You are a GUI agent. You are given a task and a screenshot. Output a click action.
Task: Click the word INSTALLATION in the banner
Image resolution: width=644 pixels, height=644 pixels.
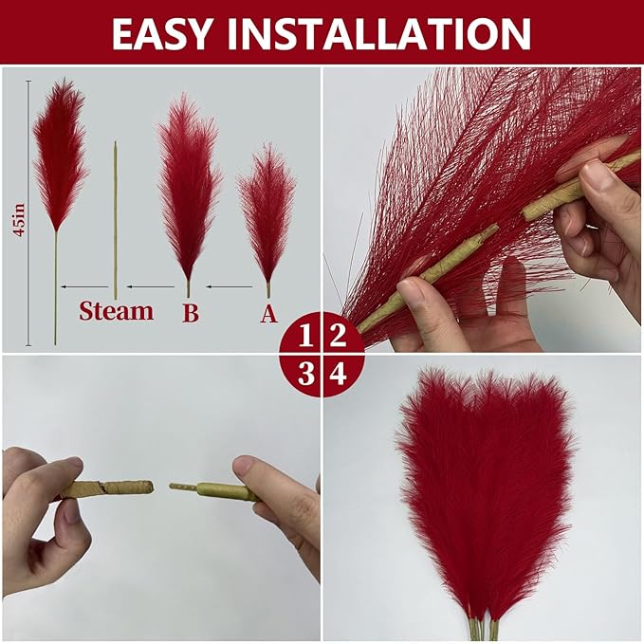384,33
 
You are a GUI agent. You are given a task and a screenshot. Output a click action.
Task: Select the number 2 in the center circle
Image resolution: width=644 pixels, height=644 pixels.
339,336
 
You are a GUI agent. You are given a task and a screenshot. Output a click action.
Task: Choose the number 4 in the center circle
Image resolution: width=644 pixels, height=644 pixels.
339,373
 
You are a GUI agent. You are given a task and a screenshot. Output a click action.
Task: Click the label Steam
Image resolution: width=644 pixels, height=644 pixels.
116,311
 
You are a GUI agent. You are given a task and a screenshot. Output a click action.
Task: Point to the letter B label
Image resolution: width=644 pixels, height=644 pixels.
190,313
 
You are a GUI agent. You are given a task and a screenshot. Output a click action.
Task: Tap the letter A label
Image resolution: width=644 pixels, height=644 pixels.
268,313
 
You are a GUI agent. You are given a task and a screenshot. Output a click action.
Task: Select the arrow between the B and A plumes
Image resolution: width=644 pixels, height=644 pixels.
229,285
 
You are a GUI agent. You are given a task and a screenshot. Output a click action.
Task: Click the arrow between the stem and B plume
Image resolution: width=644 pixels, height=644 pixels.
152,285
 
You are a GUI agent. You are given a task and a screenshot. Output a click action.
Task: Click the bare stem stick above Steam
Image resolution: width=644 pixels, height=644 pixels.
116,218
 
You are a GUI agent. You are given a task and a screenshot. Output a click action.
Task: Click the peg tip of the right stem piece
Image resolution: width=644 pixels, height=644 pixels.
180,487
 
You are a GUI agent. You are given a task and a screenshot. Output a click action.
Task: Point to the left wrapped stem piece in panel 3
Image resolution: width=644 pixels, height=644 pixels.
104,488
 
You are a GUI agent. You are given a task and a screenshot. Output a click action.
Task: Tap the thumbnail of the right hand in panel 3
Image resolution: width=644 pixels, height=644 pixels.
244,467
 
